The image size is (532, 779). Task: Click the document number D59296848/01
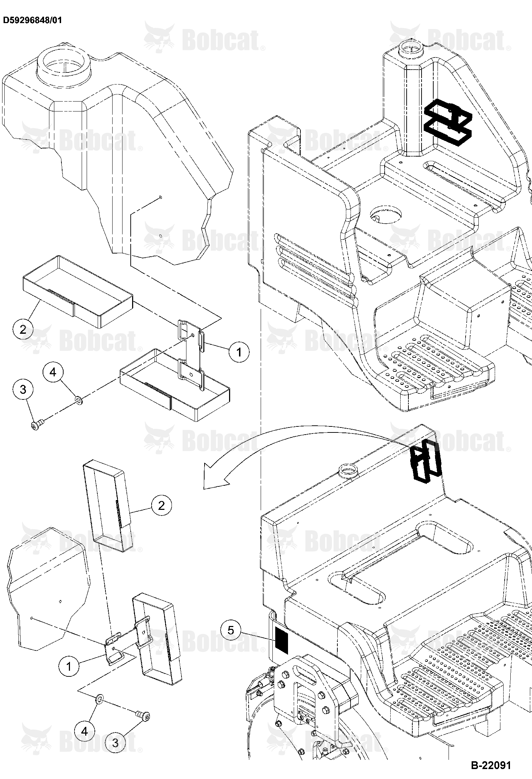pos(32,20)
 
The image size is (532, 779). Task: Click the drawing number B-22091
pos(491,765)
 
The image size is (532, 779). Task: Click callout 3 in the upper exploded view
pos(23,389)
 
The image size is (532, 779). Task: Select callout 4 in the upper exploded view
pos(53,372)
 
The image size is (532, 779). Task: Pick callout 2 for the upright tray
pos(162,505)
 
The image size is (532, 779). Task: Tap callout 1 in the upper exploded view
pos(239,352)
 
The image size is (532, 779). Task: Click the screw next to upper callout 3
pos(37,424)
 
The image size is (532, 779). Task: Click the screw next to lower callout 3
pos(143,714)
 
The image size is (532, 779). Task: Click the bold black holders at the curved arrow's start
pos(425,462)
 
